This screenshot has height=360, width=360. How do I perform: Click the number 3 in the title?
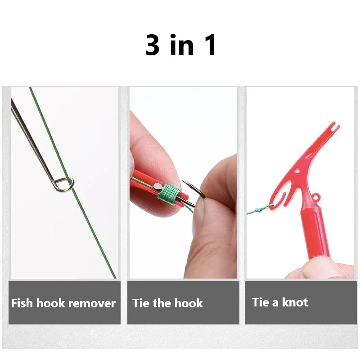153,45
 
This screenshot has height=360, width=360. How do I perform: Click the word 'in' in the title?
182,45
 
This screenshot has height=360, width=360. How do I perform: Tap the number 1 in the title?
210,45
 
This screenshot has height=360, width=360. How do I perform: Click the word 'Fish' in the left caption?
22,303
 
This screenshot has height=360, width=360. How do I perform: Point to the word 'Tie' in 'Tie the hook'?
141,303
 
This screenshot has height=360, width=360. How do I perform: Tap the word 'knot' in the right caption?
295,302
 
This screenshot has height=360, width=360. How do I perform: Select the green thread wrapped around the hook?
168,194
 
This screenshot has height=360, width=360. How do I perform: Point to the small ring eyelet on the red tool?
317,196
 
